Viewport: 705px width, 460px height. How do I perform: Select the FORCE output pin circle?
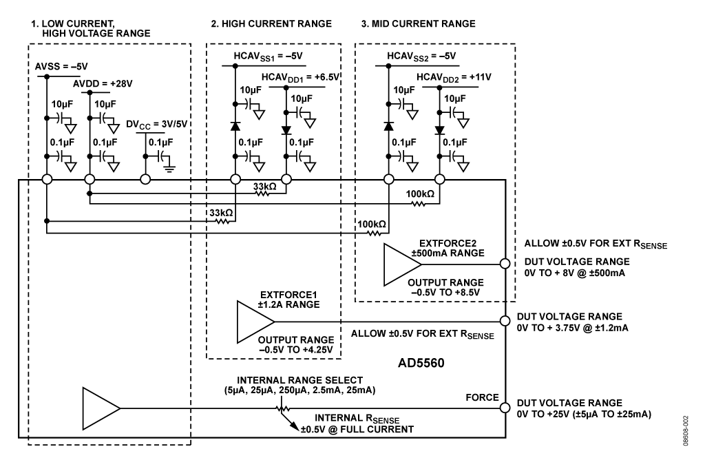(x=506, y=406)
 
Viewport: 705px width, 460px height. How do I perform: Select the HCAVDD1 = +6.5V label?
(x=300, y=77)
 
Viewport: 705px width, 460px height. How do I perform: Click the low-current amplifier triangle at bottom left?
(x=100, y=406)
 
